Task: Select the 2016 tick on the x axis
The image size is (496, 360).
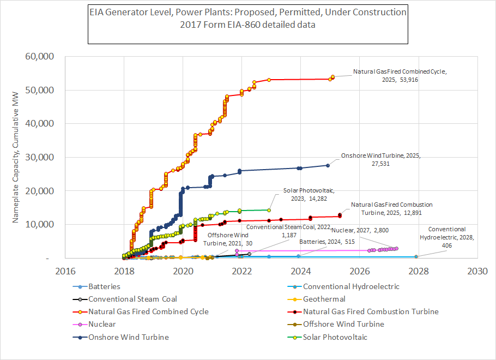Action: (x=65, y=271)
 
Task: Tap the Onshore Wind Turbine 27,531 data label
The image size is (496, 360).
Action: (x=381, y=159)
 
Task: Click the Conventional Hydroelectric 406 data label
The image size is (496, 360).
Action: (x=447, y=237)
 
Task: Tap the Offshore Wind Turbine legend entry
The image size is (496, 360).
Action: (x=343, y=324)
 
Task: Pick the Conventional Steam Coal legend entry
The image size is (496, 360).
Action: (x=132, y=299)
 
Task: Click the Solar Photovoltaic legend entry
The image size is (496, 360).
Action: (x=335, y=337)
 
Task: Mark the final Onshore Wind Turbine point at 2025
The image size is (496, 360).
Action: (x=328, y=165)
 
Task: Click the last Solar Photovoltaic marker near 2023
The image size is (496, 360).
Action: (x=269, y=209)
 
